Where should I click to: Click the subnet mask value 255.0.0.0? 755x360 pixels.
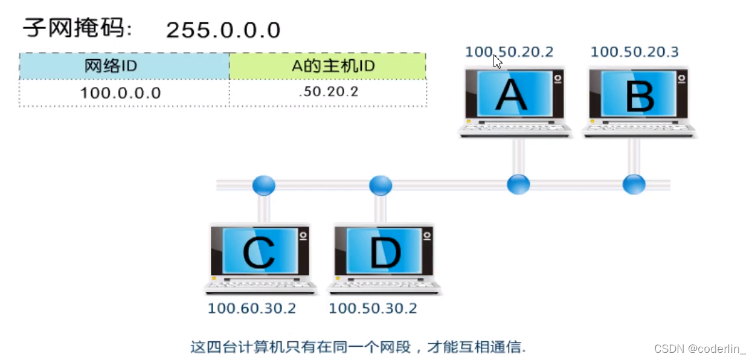click(223, 30)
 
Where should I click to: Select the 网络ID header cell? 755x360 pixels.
click(124, 66)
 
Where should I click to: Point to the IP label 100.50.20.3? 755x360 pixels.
click(634, 52)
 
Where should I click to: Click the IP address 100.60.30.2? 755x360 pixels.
click(252, 309)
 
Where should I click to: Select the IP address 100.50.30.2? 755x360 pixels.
click(373, 309)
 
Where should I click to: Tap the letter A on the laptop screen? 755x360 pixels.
click(511, 95)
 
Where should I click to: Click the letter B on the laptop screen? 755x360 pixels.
click(639, 95)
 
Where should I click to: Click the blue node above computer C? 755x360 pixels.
click(263, 185)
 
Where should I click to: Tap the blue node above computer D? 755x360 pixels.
click(381, 185)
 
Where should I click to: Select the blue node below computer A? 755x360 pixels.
click(518, 184)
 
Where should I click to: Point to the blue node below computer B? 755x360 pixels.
click(634, 184)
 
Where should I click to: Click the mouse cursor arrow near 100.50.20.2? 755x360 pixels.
click(497, 60)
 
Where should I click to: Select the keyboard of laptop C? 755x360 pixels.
click(260, 285)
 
